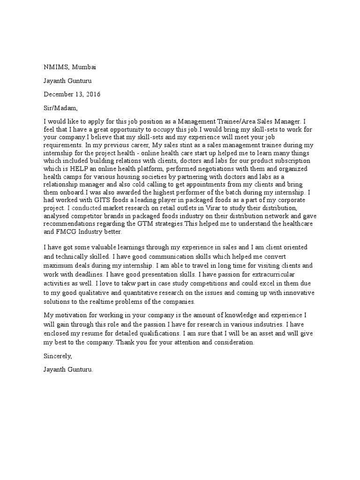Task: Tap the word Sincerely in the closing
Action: coord(60,356)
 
